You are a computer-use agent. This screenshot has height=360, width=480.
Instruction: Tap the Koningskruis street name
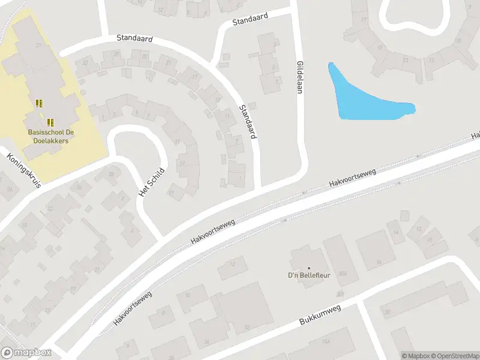(24, 171)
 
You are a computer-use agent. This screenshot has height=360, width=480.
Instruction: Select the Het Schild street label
(151, 181)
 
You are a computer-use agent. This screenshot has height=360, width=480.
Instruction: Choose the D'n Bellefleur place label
(309, 276)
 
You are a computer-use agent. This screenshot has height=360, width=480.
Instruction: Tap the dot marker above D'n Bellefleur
(309, 268)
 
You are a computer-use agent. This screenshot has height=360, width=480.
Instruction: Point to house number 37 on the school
(39, 46)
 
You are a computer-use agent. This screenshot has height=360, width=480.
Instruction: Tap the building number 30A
(343, 274)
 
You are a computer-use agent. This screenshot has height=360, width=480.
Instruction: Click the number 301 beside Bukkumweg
(341, 294)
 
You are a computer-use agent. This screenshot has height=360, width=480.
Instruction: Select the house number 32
(247, 327)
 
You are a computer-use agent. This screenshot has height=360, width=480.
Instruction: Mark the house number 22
(50, 208)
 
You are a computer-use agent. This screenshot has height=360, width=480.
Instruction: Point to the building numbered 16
(378, 262)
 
